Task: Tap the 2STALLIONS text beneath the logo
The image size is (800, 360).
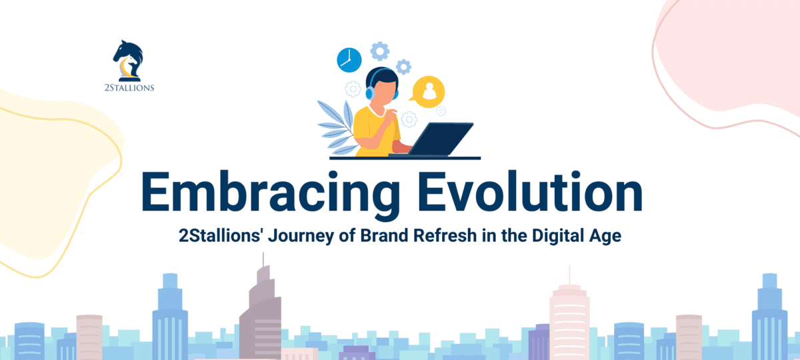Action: tap(131, 87)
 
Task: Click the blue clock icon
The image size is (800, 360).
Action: tap(349, 59)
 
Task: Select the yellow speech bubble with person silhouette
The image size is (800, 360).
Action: tap(429, 93)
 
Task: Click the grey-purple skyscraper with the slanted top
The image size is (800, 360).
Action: tap(260, 313)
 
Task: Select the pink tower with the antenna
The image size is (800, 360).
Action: tap(570, 320)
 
